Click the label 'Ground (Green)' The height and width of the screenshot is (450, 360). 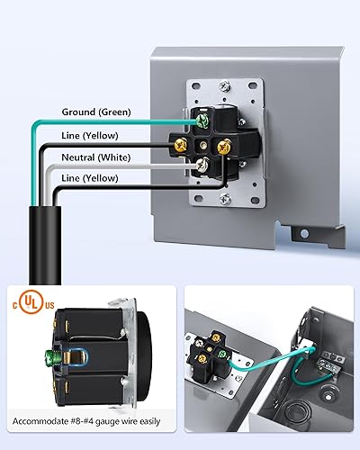point(95,112)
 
